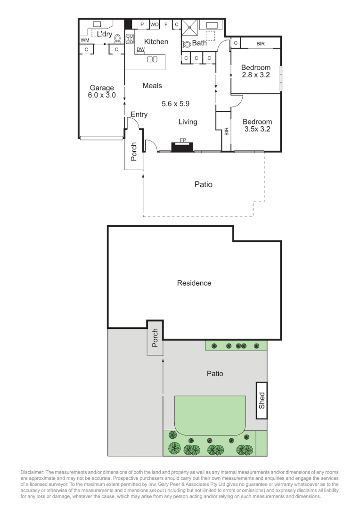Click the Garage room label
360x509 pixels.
coord(102,91)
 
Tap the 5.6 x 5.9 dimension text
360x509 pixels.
coord(175,104)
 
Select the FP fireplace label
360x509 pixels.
coord(182,140)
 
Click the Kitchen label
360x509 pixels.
coord(156,42)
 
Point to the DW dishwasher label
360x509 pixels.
coord(140,49)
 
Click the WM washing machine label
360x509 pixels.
coord(85,41)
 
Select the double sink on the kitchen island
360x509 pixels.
coord(152,59)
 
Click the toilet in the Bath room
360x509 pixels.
coord(187,45)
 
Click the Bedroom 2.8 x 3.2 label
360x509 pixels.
coord(255,71)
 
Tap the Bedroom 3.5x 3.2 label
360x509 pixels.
coord(257,125)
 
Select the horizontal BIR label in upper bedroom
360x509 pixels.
coord(261,43)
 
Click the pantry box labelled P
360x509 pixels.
coord(141,25)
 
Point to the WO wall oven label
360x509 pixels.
coord(154,25)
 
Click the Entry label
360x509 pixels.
coord(139,115)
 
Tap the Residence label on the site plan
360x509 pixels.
coord(194,283)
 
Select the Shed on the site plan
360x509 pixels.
coord(262,400)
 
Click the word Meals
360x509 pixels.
coord(152,86)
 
